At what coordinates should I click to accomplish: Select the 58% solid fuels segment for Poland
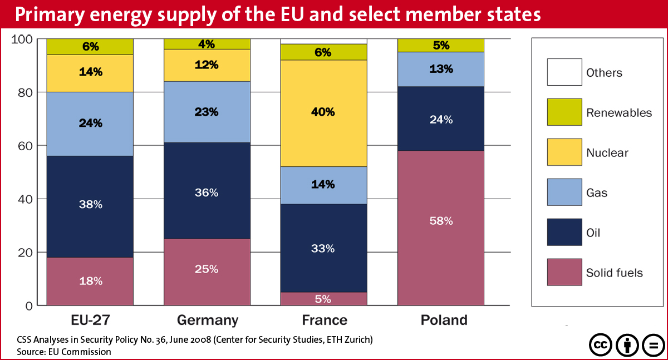(441, 228)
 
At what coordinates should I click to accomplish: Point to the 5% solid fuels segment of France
(323, 299)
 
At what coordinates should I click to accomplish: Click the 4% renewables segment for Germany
(207, 44)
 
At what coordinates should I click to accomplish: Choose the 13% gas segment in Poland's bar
(441, 70)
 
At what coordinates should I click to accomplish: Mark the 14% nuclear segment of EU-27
(90, 72)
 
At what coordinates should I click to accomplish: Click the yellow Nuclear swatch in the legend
(564, 152)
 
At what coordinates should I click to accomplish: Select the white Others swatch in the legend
(564, 72)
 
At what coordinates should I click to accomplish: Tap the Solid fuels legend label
(614, 273)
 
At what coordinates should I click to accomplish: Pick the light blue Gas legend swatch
(564, 193)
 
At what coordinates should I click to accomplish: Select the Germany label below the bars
(207, 320)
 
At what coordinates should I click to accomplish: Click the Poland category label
(444, 320)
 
